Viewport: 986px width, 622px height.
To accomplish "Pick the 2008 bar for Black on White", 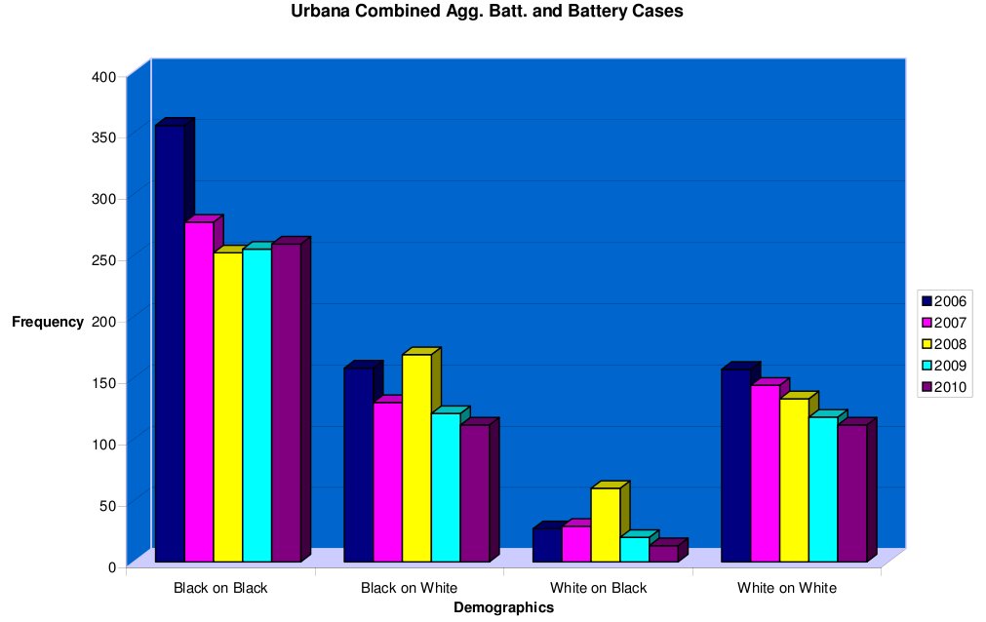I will [x=416, y=457].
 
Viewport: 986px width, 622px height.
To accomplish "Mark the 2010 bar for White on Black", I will [x=663, y=553].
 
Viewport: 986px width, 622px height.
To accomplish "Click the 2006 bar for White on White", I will [x=735, y=465].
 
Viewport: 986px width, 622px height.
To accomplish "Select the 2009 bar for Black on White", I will [x=446, y=487].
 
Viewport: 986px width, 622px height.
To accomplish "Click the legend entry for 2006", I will [x=943, y=301].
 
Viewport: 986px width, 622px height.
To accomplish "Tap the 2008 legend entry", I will [x=943, y=344].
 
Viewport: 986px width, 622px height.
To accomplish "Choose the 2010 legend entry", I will [x=943, y=387].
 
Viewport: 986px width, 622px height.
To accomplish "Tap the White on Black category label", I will [x=598, y=588].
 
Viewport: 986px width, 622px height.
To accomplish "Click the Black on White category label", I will [x=409, y=588].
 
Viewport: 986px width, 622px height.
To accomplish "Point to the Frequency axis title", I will [x=48, y=322].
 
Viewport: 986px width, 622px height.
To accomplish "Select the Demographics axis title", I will [x=504, y=607].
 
